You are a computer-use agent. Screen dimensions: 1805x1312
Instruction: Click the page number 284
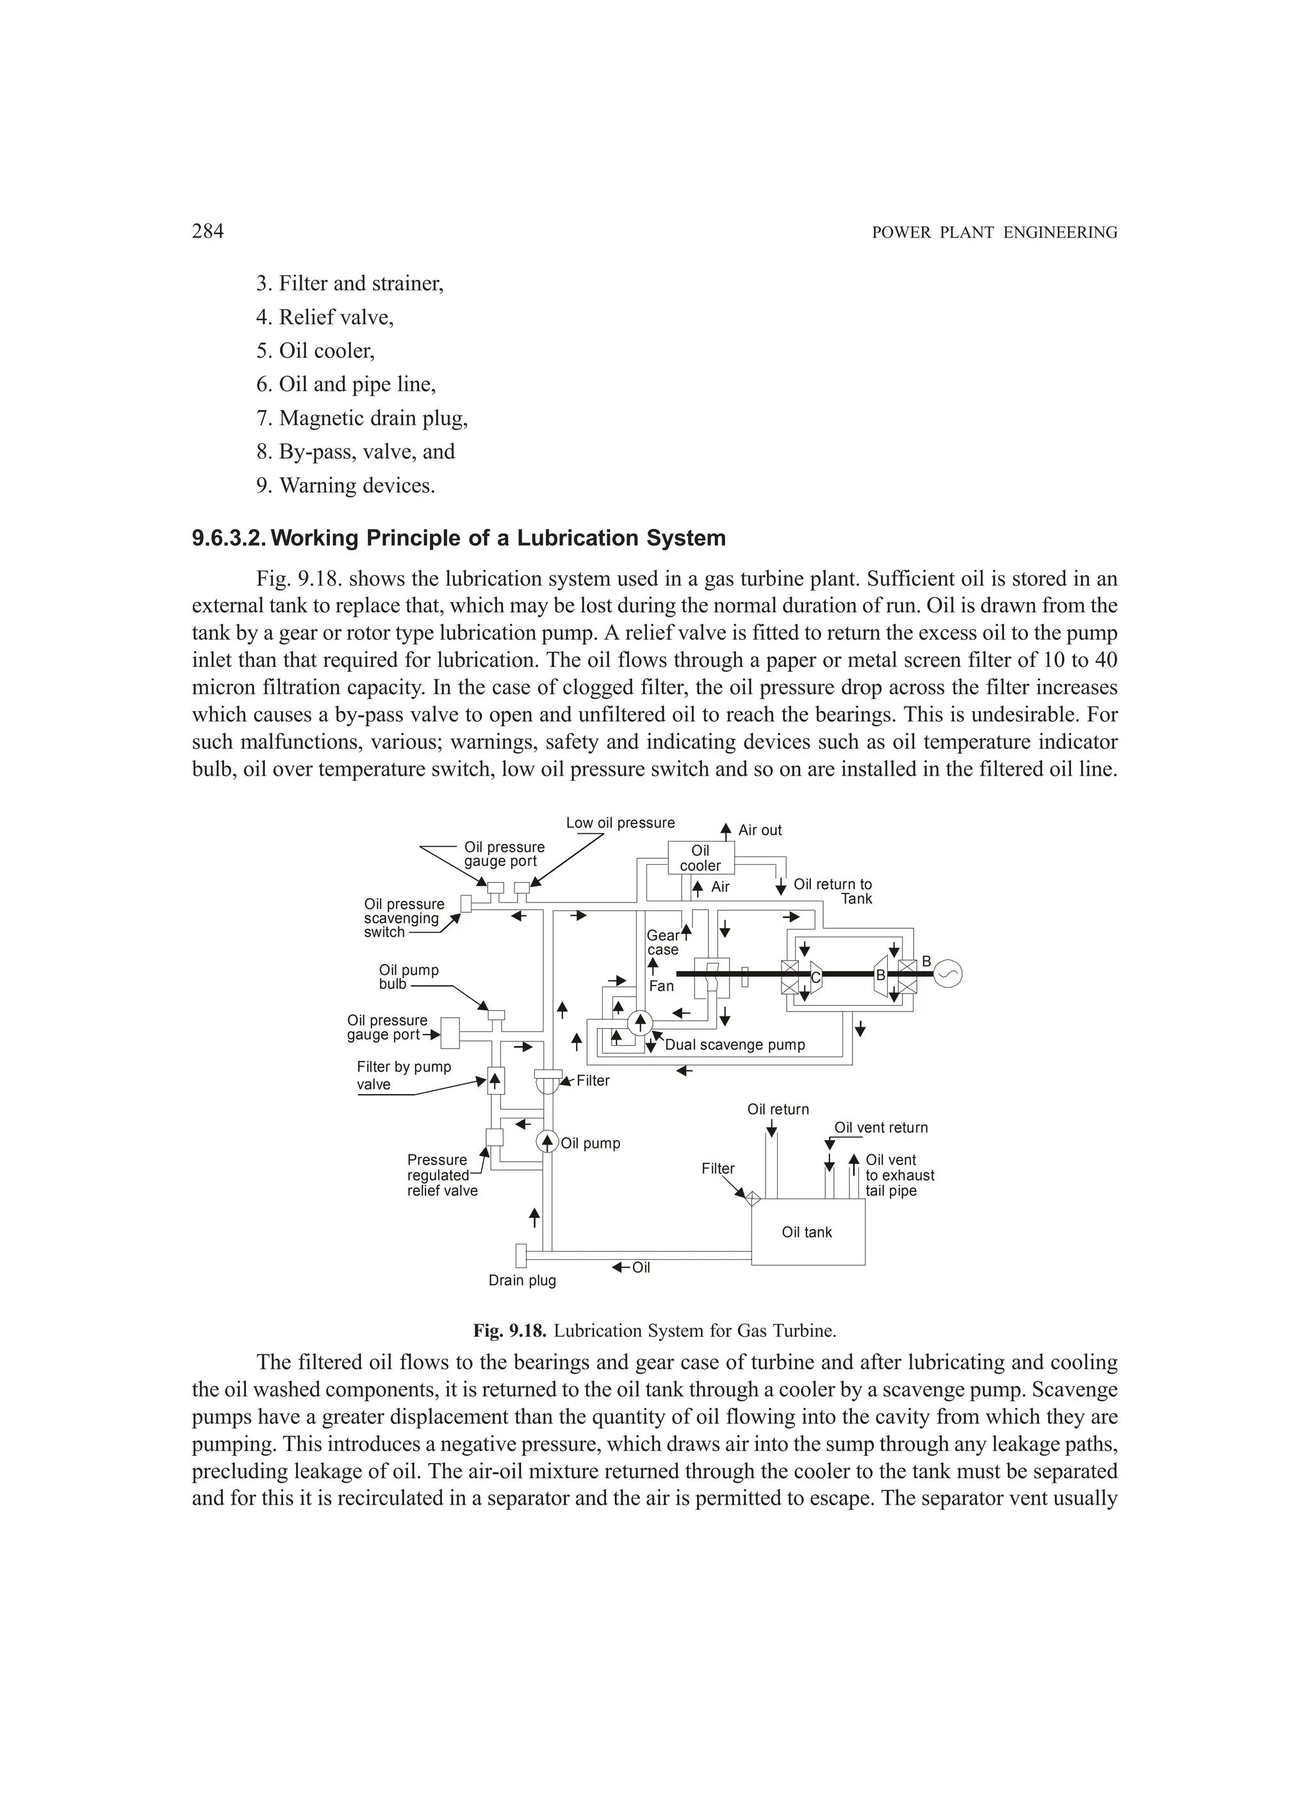coord(208,232)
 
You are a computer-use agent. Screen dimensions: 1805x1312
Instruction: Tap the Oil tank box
coord(807,1232)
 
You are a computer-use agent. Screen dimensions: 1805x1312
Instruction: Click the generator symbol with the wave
coord(947,974)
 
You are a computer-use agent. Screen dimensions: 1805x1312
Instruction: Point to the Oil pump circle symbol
coord(548,1142)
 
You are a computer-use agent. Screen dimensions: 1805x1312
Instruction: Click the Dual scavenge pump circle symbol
coord(639,1022)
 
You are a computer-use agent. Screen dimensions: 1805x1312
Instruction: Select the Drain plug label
coord(522,1280)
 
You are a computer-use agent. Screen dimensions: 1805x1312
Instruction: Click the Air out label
coord(760,830)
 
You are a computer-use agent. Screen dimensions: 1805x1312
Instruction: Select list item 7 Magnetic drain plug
coord(362,418)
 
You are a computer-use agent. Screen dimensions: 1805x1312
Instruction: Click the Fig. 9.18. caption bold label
coord(509,1330)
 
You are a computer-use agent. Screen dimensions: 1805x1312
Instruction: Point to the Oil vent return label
coord(880,1128)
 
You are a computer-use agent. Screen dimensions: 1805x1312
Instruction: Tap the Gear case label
coord(662,942)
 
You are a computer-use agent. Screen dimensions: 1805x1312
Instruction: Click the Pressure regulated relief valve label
coord(442,1175)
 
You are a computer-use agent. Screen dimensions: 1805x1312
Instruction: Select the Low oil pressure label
coord(620,823)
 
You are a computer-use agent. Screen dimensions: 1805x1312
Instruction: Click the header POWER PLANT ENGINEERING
coord(994,233)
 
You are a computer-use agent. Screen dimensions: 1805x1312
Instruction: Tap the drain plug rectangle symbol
coord(521,1255)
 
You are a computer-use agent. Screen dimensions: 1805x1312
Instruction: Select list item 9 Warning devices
coord(345,486)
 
